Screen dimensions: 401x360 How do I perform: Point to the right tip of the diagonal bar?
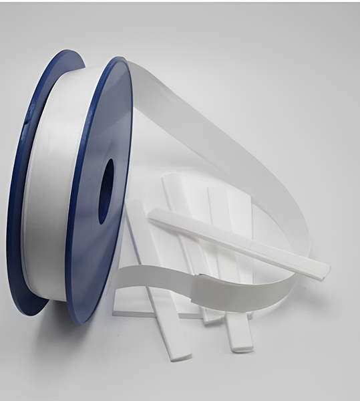point(325,269)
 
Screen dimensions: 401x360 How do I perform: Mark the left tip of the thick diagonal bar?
point(152,215)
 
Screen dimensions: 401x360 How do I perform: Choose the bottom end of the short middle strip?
point(212,319)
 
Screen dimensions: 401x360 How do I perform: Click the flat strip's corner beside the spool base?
point(115,311)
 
